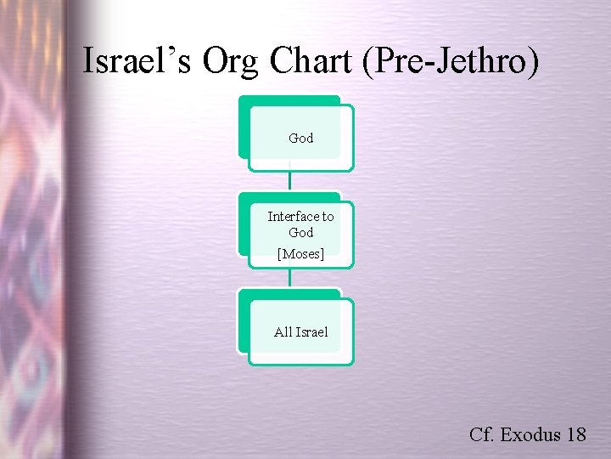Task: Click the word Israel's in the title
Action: pos(140,61)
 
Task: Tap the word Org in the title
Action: pos(234,61)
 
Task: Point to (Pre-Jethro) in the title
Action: pos(449,61)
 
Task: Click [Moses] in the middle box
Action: pos(301,253)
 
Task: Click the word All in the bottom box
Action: pos(283,332)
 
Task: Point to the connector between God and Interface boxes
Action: pos(289,179)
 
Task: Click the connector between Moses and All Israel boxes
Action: pos(289,278)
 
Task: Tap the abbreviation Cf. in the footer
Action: pos(482,434)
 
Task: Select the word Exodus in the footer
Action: pos(530,434)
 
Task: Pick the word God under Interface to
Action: pos(301,232)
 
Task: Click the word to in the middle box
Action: pos(328,217)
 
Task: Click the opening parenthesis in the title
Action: pos(367,61)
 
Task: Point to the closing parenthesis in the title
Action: pos(532,61)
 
